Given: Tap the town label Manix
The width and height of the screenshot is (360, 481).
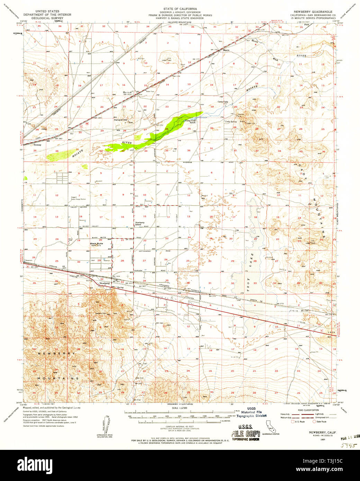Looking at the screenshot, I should [226, 50].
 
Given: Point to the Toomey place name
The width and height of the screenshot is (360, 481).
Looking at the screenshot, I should [37, 145].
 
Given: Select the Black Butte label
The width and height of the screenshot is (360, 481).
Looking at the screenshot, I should [97, 244].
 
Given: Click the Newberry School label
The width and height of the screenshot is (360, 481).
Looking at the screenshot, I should [140, 224].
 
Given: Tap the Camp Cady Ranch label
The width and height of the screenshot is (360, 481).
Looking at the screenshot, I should [190, 121].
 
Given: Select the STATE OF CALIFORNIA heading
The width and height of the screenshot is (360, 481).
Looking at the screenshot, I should [180, 8].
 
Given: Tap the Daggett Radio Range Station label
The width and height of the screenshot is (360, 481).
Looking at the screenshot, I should [79, 198].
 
